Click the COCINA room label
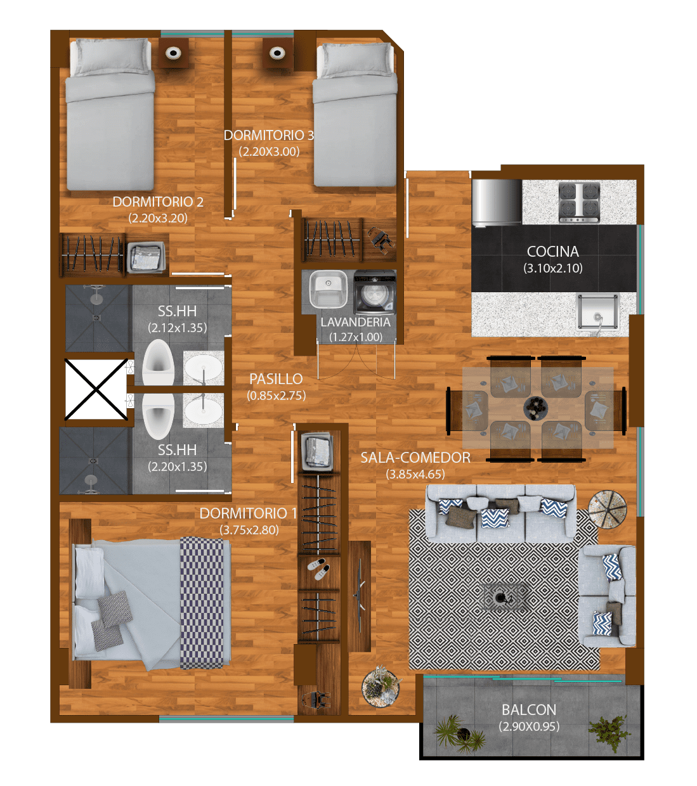click(x=552, y=252)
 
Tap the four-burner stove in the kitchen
click(x=579, y=202)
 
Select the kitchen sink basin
click(x=598, y=312)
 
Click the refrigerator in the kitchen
click(x=497, y=202)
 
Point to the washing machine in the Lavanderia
click(x=375, y=292)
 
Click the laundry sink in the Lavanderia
click(x=328, y=289)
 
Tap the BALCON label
click(x=529, y=710)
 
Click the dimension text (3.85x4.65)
click(x=415, y=474)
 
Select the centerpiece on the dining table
click(x=535, y=408)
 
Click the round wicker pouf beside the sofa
click(x=608, y=510)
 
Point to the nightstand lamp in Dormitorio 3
click(x=277, y=53)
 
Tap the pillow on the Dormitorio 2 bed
click(x=110, y=56)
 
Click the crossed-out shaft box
click(x=96, y=389)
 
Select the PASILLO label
click(x=276, y=379)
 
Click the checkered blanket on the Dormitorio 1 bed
click(x=202, y=603)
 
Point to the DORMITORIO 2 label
click(x=158, y=202)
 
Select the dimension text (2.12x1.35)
click(x=177, y=328)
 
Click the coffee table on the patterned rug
click(x=502, y=598)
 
